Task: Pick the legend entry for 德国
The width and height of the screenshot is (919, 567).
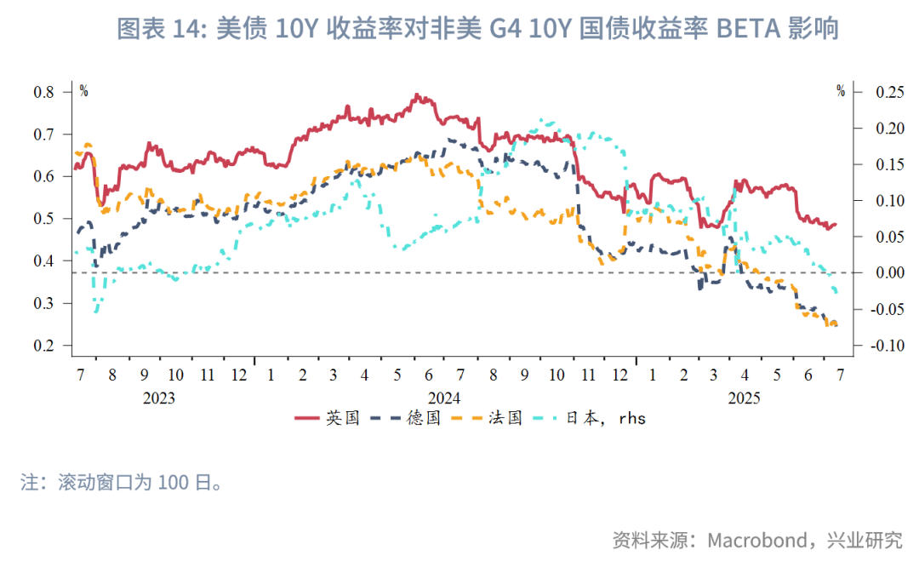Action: click(408, 418)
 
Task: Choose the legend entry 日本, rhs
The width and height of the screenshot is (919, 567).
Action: click(588, 418)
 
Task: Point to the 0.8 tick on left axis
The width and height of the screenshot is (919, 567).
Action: click(44, 92)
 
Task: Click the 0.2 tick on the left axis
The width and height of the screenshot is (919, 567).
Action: click(44, 346)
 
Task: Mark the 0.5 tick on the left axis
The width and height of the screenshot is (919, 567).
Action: click(44, 219)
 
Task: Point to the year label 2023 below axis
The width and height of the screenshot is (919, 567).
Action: click(159, 398)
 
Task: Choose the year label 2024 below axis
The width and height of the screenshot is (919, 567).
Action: click(444, 398)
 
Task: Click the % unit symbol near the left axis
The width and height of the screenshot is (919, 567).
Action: click(83, 90)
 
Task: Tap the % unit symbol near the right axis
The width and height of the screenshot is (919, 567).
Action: click(841, 90)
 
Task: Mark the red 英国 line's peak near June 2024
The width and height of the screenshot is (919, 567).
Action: click(417, 94)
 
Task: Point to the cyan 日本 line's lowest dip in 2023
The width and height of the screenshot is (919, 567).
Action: click(96, 312)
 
